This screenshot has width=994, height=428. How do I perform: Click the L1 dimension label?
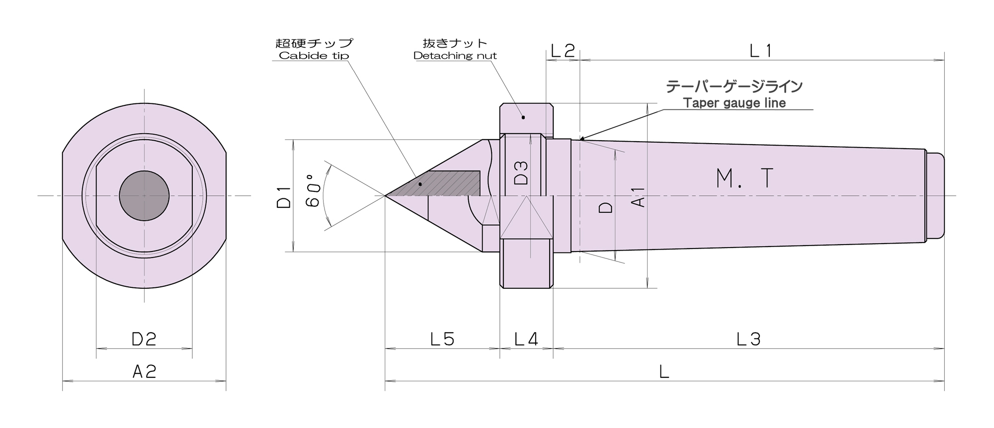[761, 50]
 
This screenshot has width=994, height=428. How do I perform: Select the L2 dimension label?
[563, 50]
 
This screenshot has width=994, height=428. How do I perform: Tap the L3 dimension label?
[748, 339]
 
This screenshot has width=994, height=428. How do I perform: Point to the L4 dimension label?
[526, 339]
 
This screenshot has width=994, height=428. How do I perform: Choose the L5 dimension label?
[442, 339]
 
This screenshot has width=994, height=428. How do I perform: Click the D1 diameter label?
[284, 196]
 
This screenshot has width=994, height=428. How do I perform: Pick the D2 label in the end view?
[144, 339]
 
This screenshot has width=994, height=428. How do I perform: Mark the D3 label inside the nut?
[521, 172]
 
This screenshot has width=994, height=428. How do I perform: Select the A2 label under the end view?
[144, 371]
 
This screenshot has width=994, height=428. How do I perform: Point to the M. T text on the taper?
[745, 178]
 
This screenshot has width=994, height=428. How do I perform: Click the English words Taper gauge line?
[734, 103]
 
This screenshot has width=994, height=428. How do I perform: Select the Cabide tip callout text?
[314, 56]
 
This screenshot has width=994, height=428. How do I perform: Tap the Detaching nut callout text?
[455, 56]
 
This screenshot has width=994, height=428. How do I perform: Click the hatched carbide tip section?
[442, 183]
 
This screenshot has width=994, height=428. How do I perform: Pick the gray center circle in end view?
[144, 196]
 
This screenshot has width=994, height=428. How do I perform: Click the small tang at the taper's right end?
[935, 196]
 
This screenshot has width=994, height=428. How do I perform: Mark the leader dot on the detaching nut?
[523, 117]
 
